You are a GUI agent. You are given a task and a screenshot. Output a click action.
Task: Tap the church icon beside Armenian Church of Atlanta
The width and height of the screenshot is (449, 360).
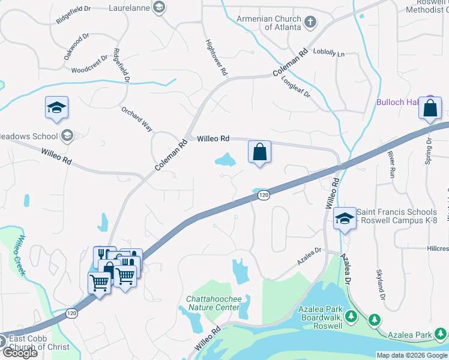[x=310, y=23]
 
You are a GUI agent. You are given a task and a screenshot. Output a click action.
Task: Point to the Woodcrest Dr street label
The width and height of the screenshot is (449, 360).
[x=89, y=65]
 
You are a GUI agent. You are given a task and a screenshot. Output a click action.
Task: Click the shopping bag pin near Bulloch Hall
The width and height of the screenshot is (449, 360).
[x=430, y=109]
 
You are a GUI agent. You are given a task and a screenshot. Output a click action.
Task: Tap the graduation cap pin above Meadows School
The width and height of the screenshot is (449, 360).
[x=56, y=108]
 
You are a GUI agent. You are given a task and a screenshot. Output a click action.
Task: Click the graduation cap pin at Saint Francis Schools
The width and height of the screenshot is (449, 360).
[x=345, y=219]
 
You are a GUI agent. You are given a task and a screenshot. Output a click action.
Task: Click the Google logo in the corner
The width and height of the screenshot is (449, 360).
[x=19, y=353]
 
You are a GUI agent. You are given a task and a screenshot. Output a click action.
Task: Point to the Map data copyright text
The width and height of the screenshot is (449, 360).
[x=412, y=355]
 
